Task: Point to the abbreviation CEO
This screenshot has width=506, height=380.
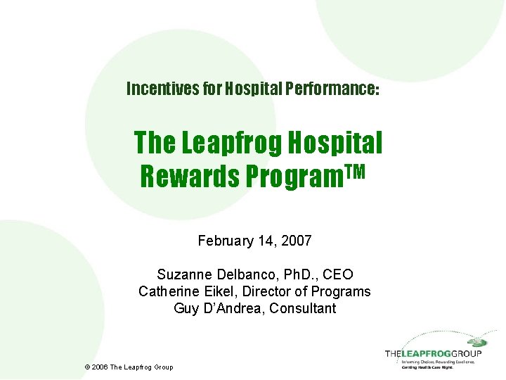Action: [337, 274]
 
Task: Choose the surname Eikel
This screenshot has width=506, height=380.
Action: [216, 291]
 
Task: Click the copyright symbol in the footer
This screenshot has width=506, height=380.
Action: [86, 367]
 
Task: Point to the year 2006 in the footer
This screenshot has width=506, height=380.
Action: [100, 367]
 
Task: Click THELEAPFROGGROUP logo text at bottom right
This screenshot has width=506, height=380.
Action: [433, 353]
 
